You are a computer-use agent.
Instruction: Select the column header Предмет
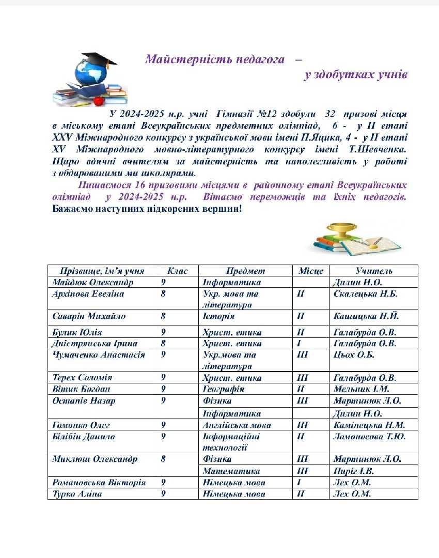[245, 271]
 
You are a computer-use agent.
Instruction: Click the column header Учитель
[374, 271]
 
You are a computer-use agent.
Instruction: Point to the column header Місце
[311, 271]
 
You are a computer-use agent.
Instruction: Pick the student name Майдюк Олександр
[93, 282]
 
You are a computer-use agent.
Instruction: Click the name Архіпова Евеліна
[88, 293]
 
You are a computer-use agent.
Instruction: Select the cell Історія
[218, 316]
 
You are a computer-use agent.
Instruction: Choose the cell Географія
[224, 389]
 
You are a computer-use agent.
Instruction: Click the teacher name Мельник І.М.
[362, 389]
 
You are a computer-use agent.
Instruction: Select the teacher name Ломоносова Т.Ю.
[370, 437]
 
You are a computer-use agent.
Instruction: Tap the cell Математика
[231, 471]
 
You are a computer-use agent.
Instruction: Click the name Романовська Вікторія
[99, 483]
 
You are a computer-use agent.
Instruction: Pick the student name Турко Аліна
[77, 494]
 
